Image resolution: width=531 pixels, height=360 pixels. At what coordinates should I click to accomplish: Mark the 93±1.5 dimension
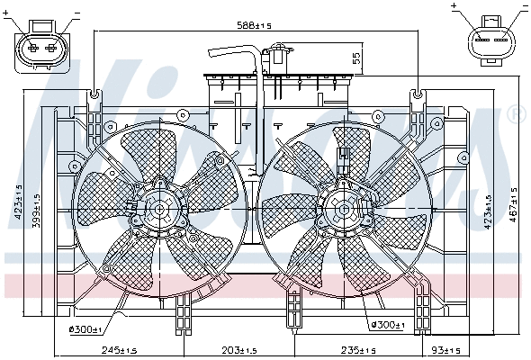point(445,350)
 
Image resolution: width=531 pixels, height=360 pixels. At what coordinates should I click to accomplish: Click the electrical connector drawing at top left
point(41,42)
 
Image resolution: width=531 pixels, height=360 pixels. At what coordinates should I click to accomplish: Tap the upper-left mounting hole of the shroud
point(95,94)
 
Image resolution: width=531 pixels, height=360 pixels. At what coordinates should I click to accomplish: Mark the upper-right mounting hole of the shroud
point(418,93)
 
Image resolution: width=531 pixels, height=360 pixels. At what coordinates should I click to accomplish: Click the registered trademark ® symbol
point(515,114)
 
